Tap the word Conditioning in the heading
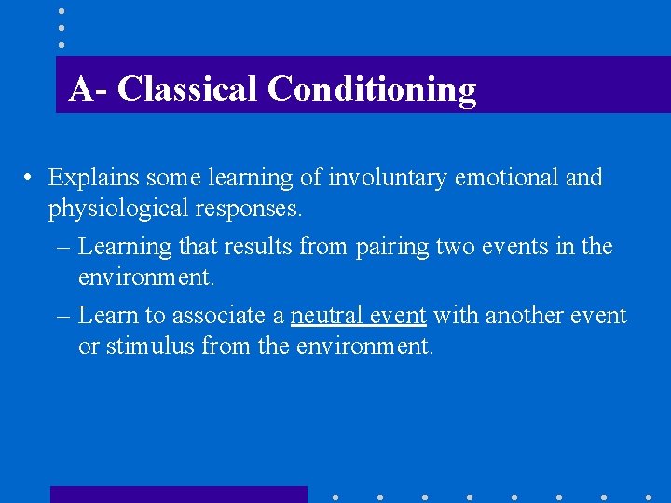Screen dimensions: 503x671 (371, 89)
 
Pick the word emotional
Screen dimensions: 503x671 (508, 177)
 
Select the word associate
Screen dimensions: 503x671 (228, 316)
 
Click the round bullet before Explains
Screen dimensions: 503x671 (31, 178)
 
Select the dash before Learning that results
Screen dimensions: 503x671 (63, 247)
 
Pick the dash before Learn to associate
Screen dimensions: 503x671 (63, 316)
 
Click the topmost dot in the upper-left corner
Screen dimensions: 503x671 (61, 11)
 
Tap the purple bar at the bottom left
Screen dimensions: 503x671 (178, 495)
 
